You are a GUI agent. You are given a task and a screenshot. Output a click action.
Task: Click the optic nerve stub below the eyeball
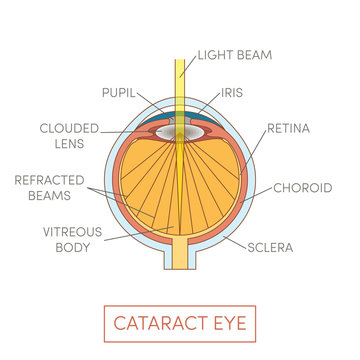[180, 258]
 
